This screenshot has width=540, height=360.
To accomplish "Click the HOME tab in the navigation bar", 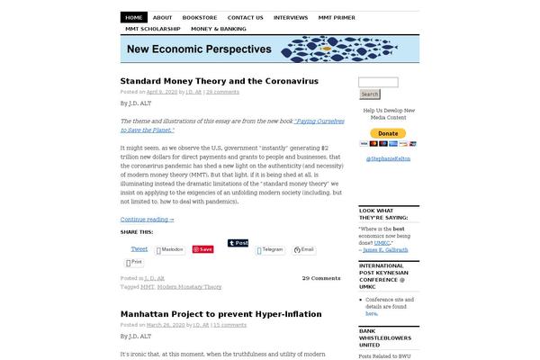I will (134, 17).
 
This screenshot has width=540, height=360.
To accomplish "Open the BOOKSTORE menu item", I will (199, 17).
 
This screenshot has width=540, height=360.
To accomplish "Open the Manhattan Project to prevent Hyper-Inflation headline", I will (220, 314).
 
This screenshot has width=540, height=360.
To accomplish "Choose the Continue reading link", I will (147, 219).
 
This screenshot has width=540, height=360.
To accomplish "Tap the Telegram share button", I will (270, 249).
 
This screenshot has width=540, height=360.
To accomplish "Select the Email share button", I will (304, 249).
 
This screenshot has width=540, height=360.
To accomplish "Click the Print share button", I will (133, 263).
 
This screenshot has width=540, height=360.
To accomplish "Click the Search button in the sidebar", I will (369, 94).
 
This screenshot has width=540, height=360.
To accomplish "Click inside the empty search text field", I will (378, 82).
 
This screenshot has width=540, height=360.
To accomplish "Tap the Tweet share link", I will (139, 248).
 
